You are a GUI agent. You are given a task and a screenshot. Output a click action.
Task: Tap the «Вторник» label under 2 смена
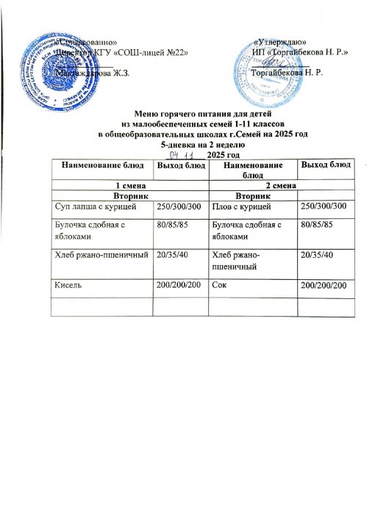pyautogui.click(x=279, y=197)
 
